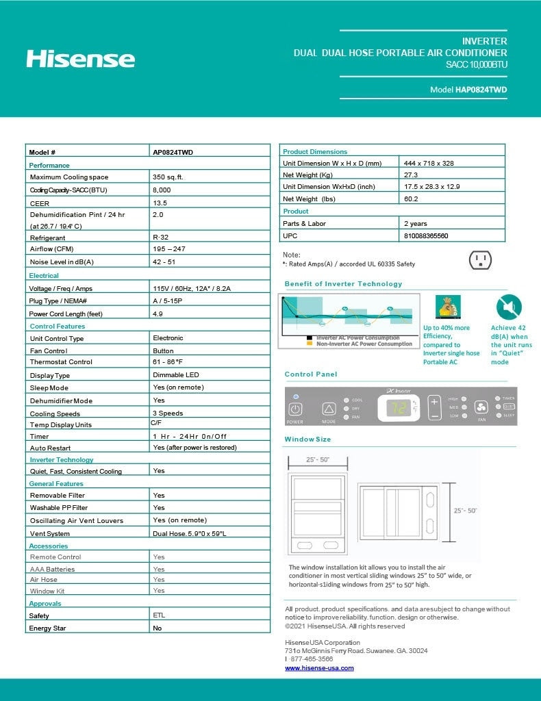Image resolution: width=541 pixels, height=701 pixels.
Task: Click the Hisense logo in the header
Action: click(x=80, y=58)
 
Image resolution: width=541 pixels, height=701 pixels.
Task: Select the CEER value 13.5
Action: click(x=160, y=203)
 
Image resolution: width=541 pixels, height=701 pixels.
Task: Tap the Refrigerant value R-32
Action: click(x=160, y=238)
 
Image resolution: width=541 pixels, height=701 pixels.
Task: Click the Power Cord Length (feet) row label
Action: click(x=66, y=314)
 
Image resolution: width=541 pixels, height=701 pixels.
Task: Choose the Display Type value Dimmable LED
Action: click(x=176, y=375)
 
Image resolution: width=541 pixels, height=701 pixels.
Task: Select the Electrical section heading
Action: click(x=44, y=275)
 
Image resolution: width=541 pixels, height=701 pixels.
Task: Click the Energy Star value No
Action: click(x=158, y=628)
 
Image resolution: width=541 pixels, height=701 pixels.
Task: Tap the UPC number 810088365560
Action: click(x=426, y=235)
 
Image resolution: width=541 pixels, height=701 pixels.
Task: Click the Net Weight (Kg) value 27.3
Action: click(x=411, y=175)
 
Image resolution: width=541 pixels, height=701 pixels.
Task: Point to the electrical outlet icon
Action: click(x=480, y=259)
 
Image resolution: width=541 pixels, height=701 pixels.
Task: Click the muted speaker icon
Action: click(x=509, y=307)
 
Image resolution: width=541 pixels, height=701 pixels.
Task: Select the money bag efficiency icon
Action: click(x=449, y=306)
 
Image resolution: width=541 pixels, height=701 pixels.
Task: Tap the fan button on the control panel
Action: click(x=481, y=407)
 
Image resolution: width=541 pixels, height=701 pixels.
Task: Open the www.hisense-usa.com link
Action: click(x=319, y=667)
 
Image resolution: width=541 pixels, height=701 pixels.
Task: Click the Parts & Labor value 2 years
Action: click(x=416, y=223)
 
